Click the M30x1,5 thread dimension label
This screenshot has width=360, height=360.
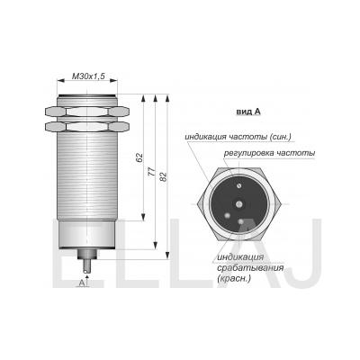(x=88, y=76)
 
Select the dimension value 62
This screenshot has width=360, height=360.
(x=139, y=157)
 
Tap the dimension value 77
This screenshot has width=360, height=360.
(x=152, y=172)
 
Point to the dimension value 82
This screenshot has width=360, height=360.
(x=164, y=177)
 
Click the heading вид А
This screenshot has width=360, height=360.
(x=248, y=112)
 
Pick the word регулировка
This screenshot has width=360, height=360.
(x=248, y=153)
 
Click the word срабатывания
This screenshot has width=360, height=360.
(x=249, y=267)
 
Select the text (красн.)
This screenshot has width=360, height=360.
(x=234, y=278)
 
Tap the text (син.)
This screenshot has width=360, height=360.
(x=280, y=137)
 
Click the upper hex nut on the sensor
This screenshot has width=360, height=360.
(x=87, y=112)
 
